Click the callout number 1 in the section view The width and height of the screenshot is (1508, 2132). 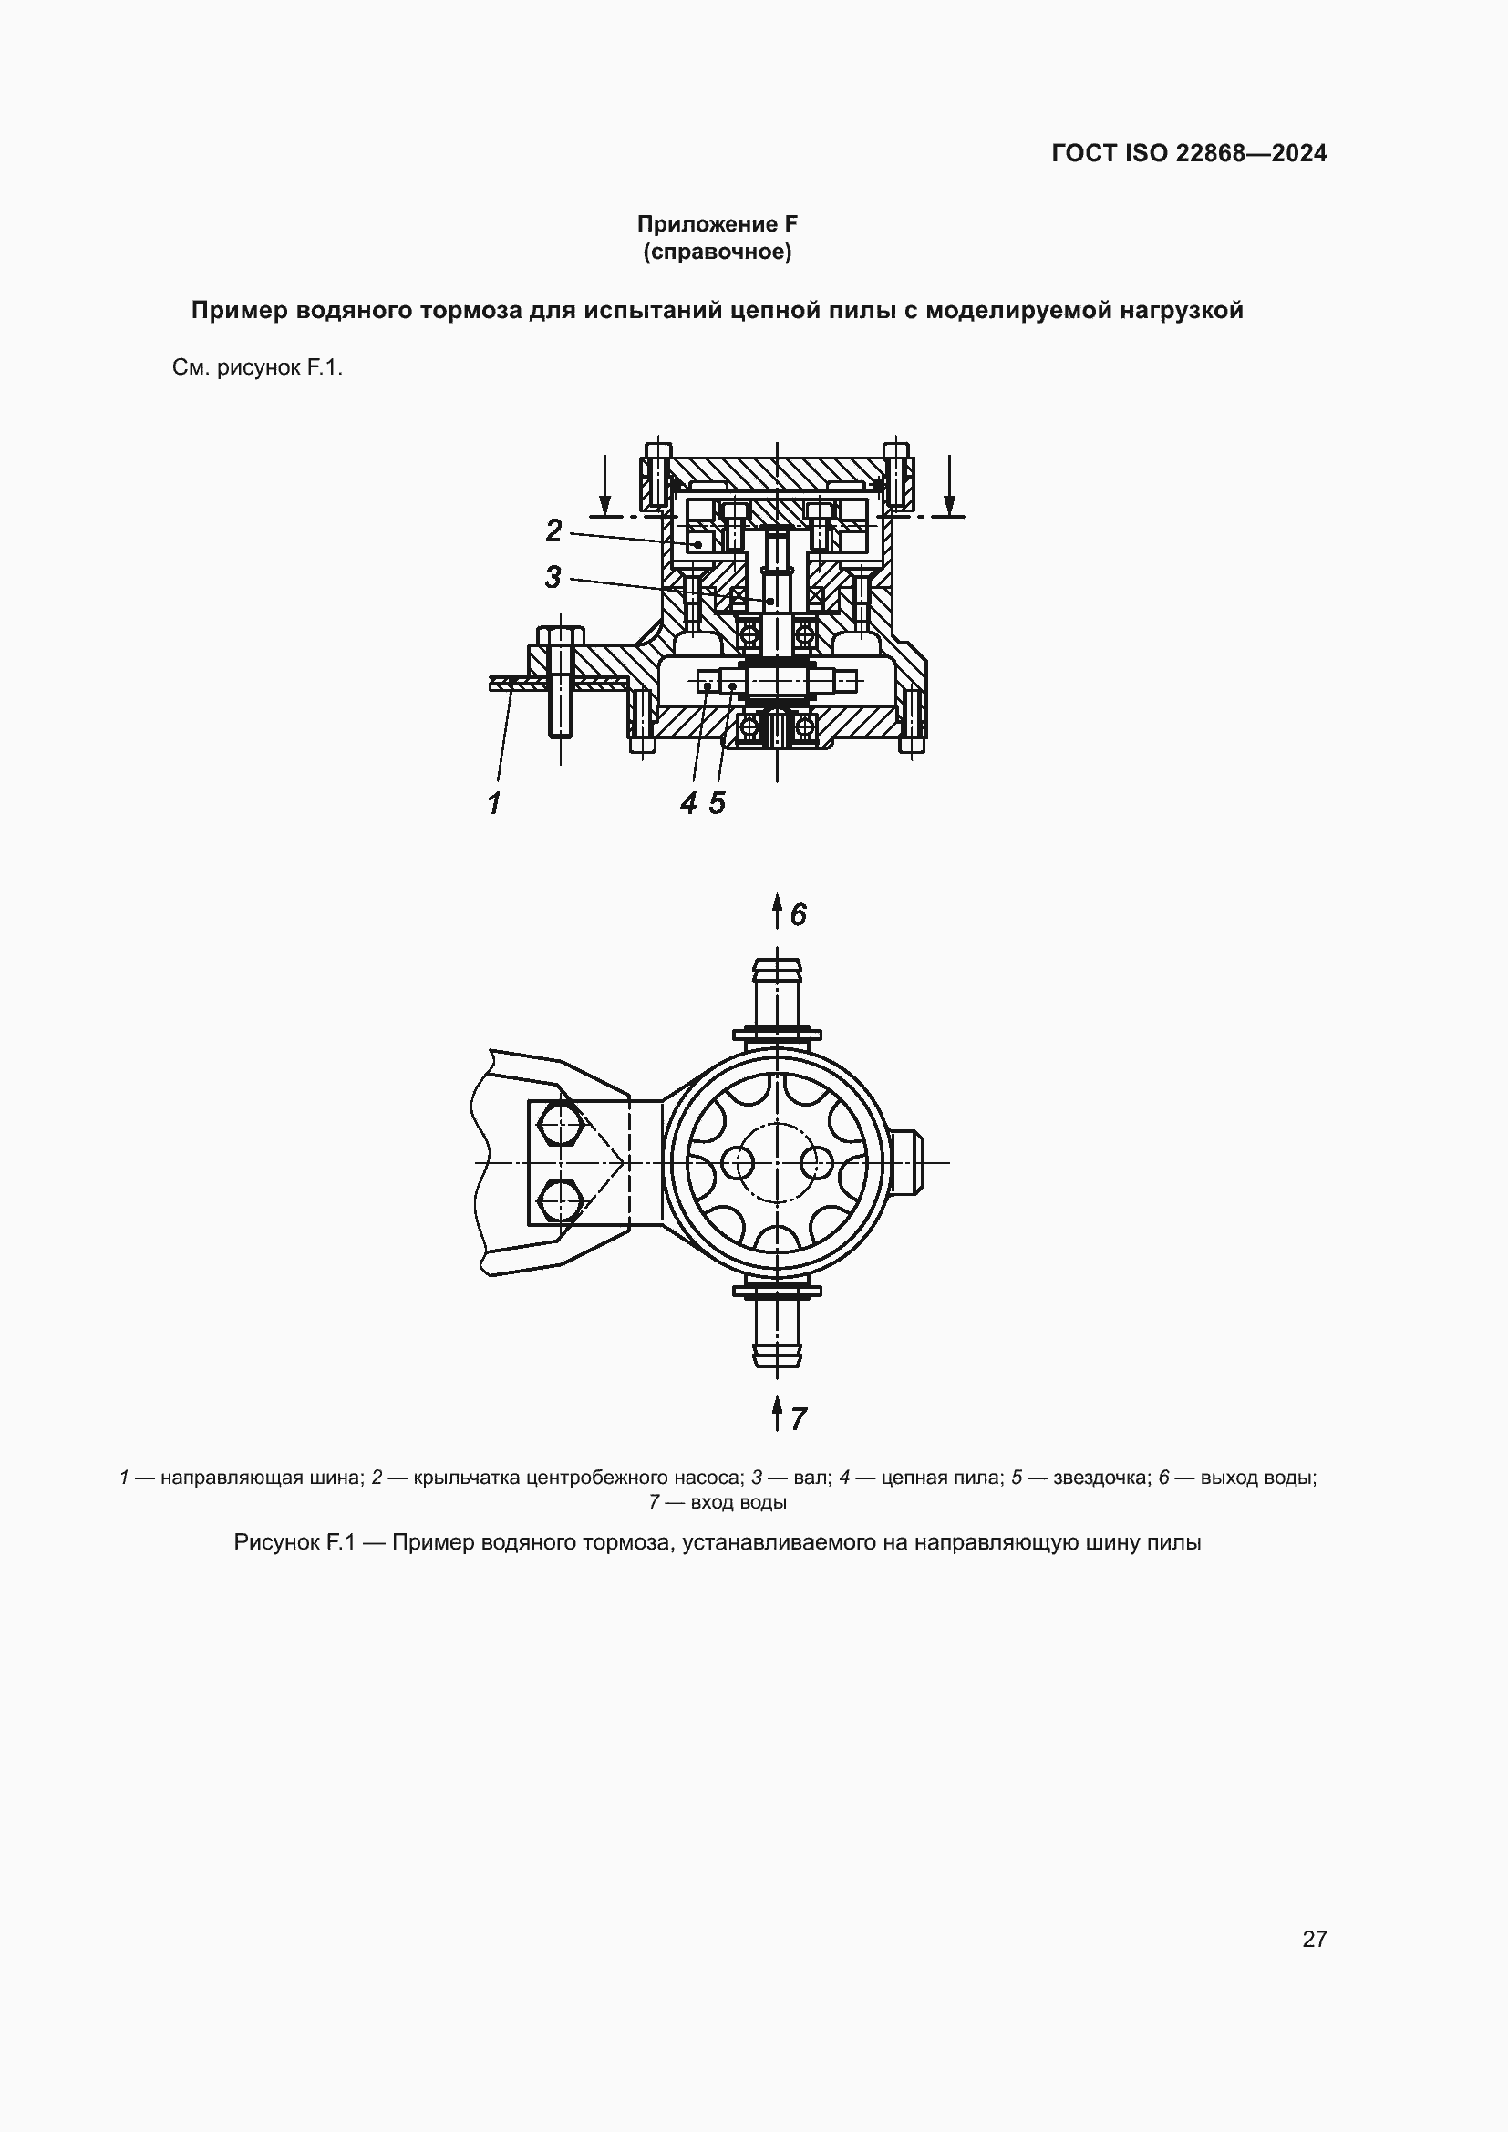coord(494,802)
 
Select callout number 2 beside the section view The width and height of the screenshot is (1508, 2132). coord(553,531)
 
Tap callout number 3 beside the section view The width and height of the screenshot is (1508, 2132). coord(553,578)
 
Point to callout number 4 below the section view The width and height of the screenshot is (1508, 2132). coord(688,803)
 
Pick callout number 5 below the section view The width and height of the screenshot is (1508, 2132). coord(717,803)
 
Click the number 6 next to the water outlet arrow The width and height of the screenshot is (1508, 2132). coord(799,915)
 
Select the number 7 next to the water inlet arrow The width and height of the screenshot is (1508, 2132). coord(799,1419)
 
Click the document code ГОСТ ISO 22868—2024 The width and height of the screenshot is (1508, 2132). coord(1189,153)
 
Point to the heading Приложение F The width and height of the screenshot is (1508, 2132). coord(717,224)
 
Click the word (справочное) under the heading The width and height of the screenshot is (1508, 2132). coord(717,252)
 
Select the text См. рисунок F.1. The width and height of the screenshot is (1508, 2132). coord(257,367)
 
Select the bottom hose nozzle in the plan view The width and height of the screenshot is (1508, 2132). coord(776,1332)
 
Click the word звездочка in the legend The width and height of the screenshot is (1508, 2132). coord(1099,1478)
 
